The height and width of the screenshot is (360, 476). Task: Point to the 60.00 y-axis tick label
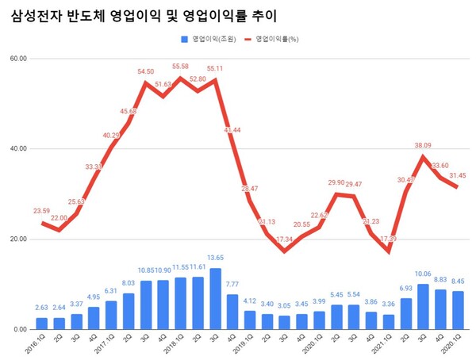[x=18, y=59]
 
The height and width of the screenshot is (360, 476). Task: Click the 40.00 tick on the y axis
[x=18, y=149]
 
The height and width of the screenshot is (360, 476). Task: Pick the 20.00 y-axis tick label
[x=18, y=239]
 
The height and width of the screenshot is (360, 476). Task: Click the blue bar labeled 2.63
[x=43, y=324]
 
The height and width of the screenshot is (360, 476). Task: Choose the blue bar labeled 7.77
[x=233, y=312]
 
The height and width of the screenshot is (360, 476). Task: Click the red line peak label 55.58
[x=179, y=67]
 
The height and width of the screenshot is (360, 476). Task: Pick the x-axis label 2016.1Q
[x=38, y=346]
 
